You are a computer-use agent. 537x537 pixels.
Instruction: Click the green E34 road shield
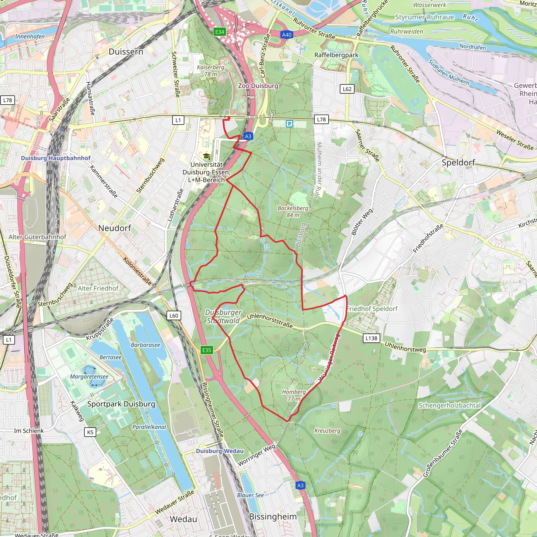pyautogui.click(x=219, y=32)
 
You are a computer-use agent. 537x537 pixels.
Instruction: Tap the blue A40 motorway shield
pyautogui.click(x=287, y=35)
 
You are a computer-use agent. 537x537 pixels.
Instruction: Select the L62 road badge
pyautogui.click(x=347, y=89)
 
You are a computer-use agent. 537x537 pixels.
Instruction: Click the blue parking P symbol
pyautogui.click(x=289, y=124)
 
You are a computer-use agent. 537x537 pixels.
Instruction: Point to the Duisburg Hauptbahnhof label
pyautogui.click(x=56, y=158)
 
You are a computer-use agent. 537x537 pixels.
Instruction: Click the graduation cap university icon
pyautogui.click(x=206, y=156)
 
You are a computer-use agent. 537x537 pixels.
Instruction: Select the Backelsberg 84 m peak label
pyautogui.click(x=293, y=212)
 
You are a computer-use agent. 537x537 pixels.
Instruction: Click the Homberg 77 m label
pyautogui.click(x=294, y=395)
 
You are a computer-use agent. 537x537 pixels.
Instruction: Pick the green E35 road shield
pyautogui.click(x=207, y=350)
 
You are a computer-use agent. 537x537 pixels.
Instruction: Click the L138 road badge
pyautogui.click(x=371, y=338)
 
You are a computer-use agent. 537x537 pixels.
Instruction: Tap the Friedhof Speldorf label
pyautogui.click(x=372, y=309)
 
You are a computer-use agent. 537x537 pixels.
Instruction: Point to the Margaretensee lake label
pyautogui.click(x=89, y=377)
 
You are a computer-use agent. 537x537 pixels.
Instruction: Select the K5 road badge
pyautogui.click(x=90, y=432)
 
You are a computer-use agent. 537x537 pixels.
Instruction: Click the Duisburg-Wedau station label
pyautogui.click(x=219, y=451)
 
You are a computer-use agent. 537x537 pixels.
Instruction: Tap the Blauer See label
pyautogui.click(x=250, y=495)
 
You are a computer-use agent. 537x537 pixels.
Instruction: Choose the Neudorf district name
pyautogui.click(x=115, y=228)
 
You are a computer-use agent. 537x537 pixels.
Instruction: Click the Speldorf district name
pyautogui.click(x=458, y=162)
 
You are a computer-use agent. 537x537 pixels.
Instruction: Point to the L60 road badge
pyautogui.click(x=174, y=315)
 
